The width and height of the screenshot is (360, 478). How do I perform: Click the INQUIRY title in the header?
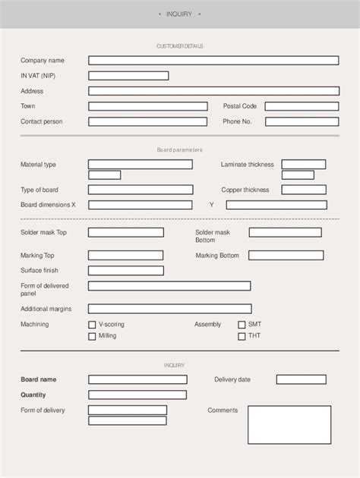(x=179, y=14)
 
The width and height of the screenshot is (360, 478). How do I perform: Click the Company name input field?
(x=213, y=61)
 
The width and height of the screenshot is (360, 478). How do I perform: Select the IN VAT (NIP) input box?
(x=128, y=76)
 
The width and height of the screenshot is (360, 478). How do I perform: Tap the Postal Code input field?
(x=302, y=106)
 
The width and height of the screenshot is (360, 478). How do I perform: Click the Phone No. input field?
(x=302, y=121)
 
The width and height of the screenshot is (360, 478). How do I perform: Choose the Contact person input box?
(x=147, y=121)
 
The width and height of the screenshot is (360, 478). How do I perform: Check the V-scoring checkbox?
(x=92, y=325)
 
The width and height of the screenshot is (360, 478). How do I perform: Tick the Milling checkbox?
(x=92, y=336)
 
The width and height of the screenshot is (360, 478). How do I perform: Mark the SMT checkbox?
(x=242, y=325)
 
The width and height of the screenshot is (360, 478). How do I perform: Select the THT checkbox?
(x=242, y=336)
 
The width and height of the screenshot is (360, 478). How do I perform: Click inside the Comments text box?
(x=289, y=425)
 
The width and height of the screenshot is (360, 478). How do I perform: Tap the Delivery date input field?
(x=301, y=379)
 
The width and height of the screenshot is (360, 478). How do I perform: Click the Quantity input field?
(x=137, y=395)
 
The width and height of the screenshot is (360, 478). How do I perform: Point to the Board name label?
(x=39, y=379)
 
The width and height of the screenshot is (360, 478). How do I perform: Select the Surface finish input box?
(x=126, y=271)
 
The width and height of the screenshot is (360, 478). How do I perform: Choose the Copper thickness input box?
(x=303, y=190)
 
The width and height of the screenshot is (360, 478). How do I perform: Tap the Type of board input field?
(x=140, y=190)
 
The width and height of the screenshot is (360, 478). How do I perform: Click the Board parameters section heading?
(x=179, y=150)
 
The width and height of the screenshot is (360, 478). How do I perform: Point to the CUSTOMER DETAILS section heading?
(x=179, y=46)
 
